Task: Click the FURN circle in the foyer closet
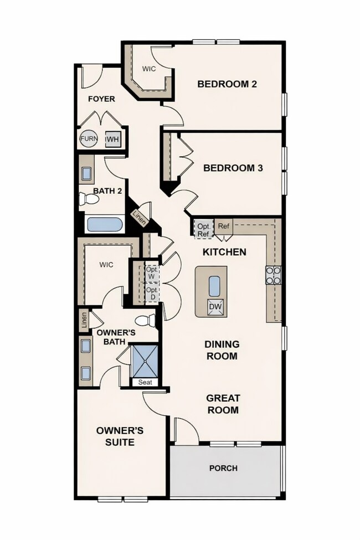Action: [x=89, y=138]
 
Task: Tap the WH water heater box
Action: [x=112, y=139]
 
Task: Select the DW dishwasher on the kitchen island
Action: [x=215, y=307]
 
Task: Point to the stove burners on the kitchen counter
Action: [x=274, y=275]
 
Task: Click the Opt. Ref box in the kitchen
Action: [x=203, y=229]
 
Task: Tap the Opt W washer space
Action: [x=152, y=273]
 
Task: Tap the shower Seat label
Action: [x=145, y=382]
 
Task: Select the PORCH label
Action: [x=223, y=468]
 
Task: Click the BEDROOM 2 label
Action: [x=227, y=84]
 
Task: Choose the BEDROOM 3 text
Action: [x=233, y=168]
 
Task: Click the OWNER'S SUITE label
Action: [x=115, y=436]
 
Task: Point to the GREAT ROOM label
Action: [x=223, y=404]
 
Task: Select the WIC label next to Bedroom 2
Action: [x=148, y=69]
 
